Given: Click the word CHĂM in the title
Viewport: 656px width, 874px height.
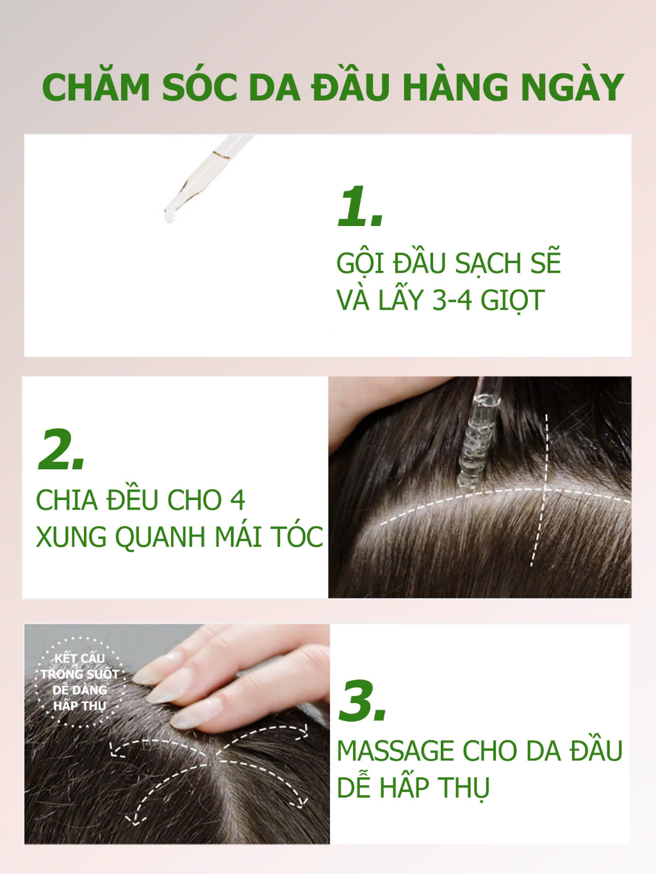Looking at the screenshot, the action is point(96,87).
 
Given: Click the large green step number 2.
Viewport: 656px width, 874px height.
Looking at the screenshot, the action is point(61,449).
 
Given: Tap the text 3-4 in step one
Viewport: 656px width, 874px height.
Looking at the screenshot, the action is point(452,300).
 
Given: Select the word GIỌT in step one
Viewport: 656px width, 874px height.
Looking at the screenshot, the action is point(512,302).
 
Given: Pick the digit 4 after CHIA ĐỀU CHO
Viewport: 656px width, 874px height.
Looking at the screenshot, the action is point(238,500).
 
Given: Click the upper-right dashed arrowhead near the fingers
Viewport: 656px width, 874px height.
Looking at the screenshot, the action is point(304,729).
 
